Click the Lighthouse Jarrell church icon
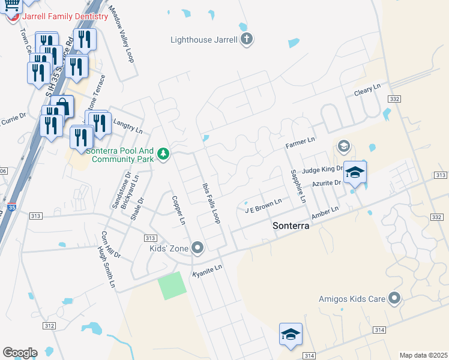point(246,40)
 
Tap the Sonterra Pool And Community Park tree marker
point(163,155)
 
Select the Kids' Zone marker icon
point(197,248)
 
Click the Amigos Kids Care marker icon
point(394,297)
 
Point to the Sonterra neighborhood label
point(291,226)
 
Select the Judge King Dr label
point(322,170)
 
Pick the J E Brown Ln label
point(263,206)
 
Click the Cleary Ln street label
point(367,90)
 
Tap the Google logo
point(20,353)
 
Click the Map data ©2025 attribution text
point(423,355)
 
